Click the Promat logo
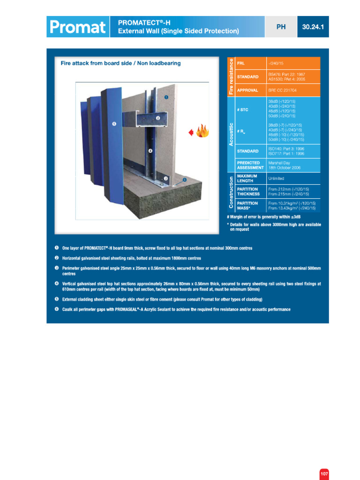[x=77, y=27]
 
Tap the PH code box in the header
[x=281, y=27]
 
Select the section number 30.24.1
[x=313, y=27]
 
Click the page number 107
[x=324, y=474]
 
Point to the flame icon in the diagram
[x=202, y=132]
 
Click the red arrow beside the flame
[x=191, y=133]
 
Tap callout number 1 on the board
[x=166, y=97]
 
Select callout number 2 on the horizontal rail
[x=158, y=118]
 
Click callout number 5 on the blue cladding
[x=114, y=124]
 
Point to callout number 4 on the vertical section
[x=150, y=151]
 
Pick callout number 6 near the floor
[x=184, y=179]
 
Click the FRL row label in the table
[x=241, y=63]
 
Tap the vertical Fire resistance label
[x=230, y=76]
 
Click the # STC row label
[x=243, y=110]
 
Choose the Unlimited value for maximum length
[x=276, y=179]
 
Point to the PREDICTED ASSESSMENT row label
[x=248, y=165]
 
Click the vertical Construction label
[x=230, y=192]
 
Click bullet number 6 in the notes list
[x=56, y=309]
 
